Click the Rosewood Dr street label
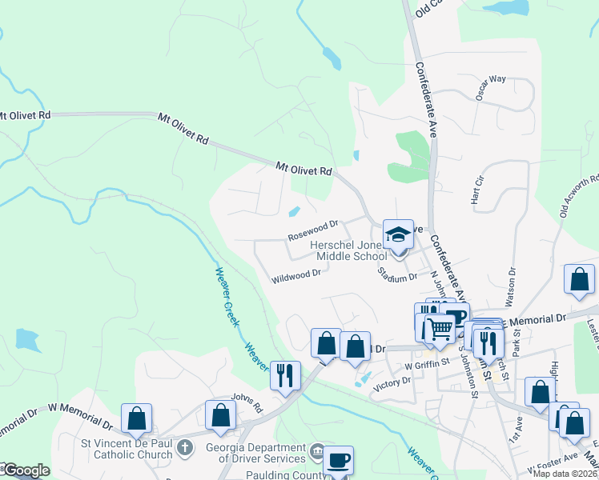click(x=313, y=232)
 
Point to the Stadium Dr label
click(x=397, y=274)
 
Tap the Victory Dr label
click(x=392, y=382)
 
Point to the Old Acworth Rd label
click(x=579, y=197)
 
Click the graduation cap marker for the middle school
click(x=398, y=234)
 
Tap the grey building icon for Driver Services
click(x=319, y=453)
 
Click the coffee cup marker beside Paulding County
click(x=339, y=460)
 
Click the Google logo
click(x=26, y=471)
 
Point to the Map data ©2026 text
click(x=565, y=474)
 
